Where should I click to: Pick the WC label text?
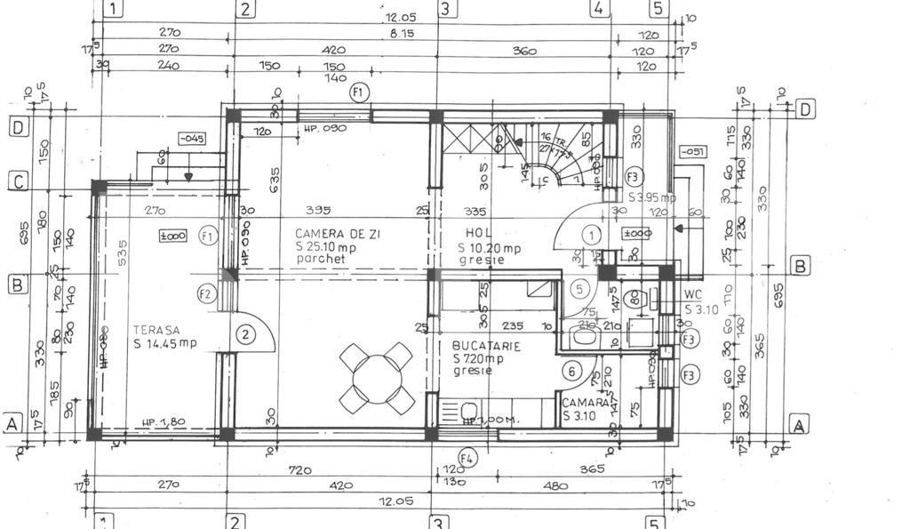[693, 294]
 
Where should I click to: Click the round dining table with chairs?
[378, 377]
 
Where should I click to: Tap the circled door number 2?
[245, 335]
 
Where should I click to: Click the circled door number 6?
[572, 373]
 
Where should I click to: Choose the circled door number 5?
[579, 288]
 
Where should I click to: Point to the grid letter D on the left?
[19, 127]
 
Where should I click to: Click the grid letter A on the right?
[799, 425]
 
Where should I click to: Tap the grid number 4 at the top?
[600, 9]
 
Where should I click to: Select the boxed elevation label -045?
[191, 138]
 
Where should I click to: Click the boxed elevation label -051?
[693, 152]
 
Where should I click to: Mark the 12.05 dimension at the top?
[401, 18]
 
